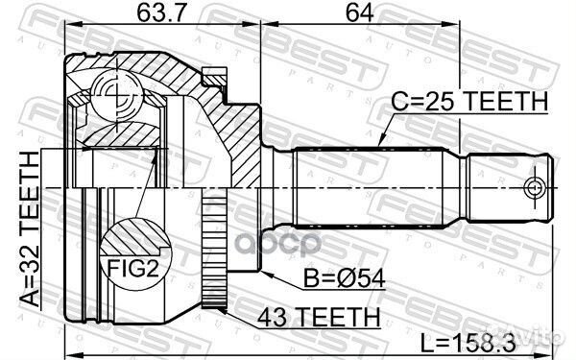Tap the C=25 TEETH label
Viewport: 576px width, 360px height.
point(468,100)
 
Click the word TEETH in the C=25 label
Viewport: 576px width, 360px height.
point(510,100)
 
